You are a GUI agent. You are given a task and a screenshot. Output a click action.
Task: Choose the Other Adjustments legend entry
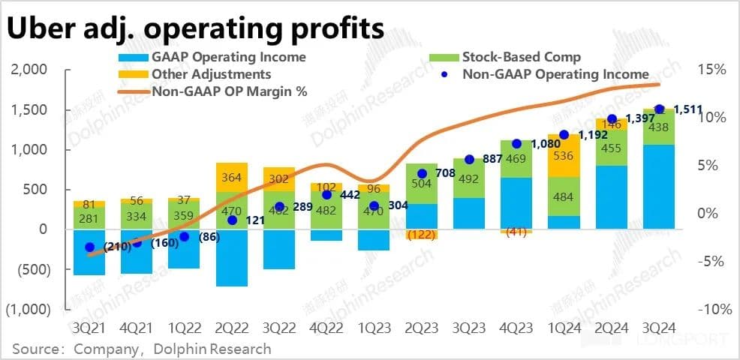[x=211, y=74]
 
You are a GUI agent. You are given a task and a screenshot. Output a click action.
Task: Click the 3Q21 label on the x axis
[x=89, y=329]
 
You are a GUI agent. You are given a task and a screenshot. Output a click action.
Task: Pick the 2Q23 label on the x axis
[x=421, y=329]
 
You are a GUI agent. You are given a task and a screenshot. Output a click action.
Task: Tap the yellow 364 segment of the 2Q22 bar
[x=232, y=177]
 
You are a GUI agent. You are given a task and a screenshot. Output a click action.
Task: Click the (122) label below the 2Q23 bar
[x=421, y=235]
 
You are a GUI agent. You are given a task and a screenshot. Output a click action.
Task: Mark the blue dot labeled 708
[x=421, y=173]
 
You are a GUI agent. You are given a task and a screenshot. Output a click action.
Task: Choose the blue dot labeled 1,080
[x=516, y=143]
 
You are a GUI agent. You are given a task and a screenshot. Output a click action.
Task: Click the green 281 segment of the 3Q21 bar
[x=89, y=218]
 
